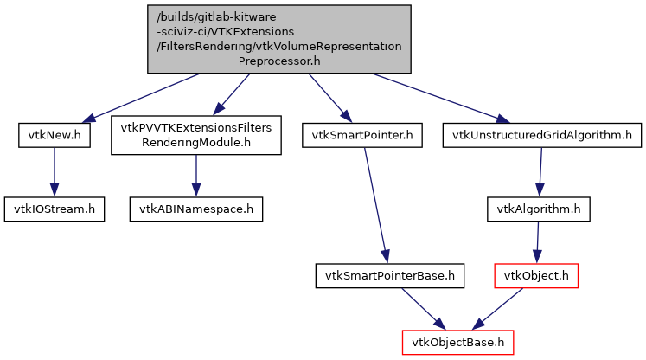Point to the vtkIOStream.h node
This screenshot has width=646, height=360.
click(54, 209)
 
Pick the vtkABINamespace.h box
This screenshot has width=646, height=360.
click(196, 209)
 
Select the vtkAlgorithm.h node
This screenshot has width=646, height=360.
click(539, 209)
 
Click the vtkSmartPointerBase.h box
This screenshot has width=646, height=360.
click(390, 276)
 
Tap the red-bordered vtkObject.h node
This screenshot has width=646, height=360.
click(534, 276)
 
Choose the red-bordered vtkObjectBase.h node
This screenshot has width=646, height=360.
click(458, 342)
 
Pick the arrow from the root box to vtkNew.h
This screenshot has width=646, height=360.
click(143, 96)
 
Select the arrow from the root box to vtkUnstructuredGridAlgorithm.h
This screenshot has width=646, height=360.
click(437, 96)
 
